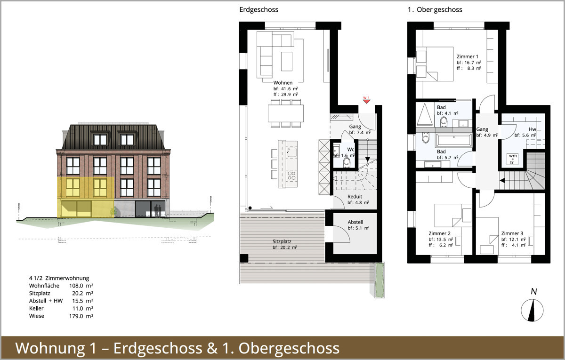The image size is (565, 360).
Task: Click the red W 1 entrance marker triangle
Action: click(366, 101)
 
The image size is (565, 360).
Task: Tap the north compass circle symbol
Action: click(532, 310)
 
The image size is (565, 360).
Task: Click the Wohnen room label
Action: click(283, 83)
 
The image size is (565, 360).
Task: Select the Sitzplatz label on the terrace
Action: click(282, 241)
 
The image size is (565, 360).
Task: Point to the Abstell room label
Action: click(355, 222)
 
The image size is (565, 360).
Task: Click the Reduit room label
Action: click(355, 196)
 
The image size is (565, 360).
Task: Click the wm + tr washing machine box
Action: click(512, 159)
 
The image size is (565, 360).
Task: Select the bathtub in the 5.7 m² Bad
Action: click(453, 140)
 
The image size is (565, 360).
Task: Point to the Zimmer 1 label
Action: click(468, 56)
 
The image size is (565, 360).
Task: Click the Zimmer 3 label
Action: click(512, 233)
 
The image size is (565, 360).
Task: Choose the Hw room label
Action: click(532, 129)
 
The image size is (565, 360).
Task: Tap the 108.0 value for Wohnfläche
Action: click(76, 286)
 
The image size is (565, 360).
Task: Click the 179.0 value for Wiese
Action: click(76, 316)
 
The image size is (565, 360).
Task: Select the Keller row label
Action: click(36, 308)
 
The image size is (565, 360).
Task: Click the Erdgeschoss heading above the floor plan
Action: click(259, 9)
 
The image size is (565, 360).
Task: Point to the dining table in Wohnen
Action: click(285, 113)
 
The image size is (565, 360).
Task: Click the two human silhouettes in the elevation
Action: click(158, 211)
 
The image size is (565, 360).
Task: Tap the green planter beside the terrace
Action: click(379, 280)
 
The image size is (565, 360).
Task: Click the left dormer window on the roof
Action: click(100, 139)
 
